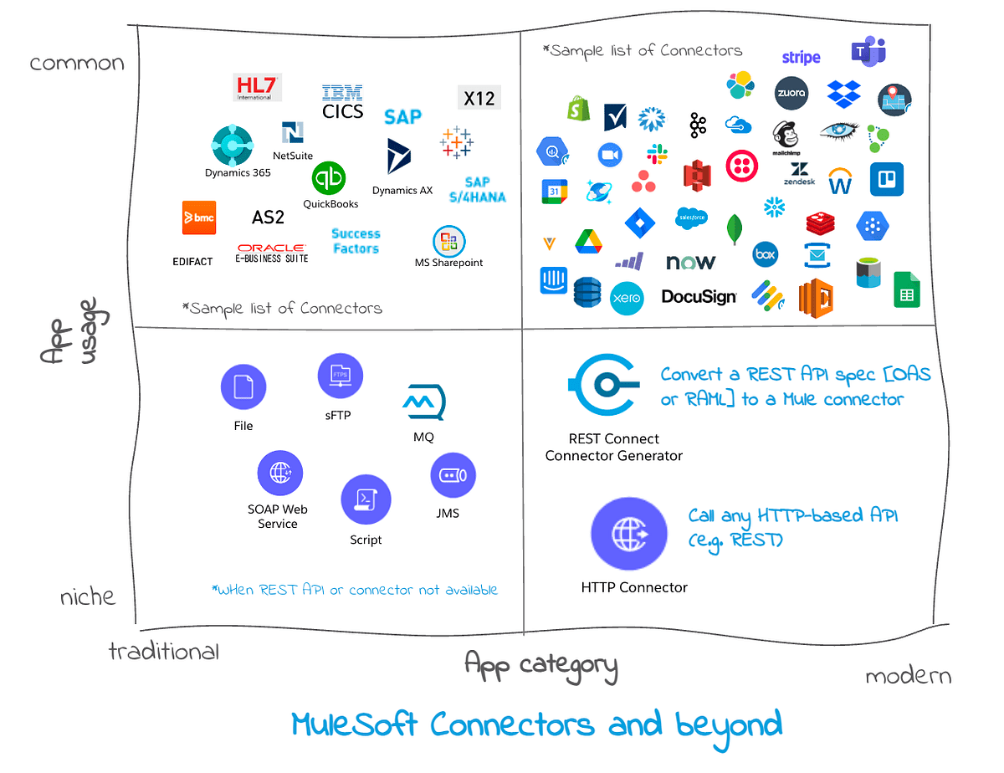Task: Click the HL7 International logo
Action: pos(257,87)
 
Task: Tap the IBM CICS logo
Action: pos(342,101)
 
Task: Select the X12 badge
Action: pos(479,98)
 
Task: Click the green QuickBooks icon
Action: pos(329,178)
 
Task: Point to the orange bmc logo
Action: pos(200,218)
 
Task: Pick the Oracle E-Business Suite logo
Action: pos(272,253)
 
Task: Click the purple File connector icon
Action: pos(243,387)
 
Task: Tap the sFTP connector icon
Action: pos(341,376)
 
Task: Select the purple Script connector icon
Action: pos(366,499)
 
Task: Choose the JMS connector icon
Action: pos(453,476)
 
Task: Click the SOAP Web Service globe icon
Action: pos(279,473)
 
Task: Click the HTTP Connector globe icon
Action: pos(629,533)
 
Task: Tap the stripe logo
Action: pos(801,58)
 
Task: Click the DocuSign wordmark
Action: pos(699,296)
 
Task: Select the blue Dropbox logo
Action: pos(843,94)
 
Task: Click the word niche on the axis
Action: pos(88,597)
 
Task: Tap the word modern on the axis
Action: pos(908,676)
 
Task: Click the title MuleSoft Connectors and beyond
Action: pos(536,724)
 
